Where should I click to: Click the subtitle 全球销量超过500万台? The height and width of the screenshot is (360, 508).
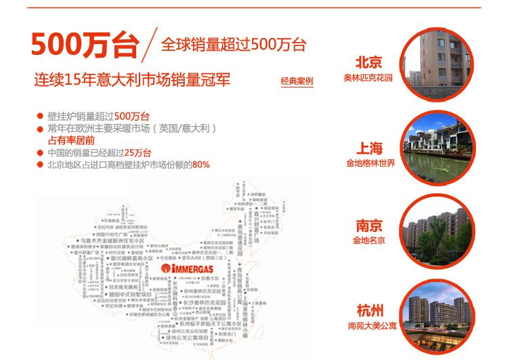pos(234,45)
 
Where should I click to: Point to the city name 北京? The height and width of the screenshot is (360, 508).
pos(368,63)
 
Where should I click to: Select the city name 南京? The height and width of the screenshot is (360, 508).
pos(369,226)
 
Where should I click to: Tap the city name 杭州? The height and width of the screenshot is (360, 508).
pos(369,311)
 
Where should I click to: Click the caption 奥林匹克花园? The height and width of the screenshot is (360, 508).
pos(368,78)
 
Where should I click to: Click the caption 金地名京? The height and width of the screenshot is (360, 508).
pos(369,241)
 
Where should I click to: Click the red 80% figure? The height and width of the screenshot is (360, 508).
pos(201,165)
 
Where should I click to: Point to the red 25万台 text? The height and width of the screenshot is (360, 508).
pos(138,153)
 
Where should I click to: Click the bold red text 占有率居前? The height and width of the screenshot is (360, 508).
pos(71,140)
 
